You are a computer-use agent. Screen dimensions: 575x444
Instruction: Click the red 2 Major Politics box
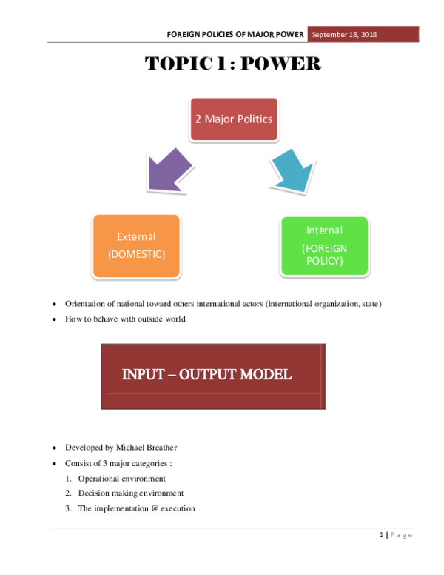[234, 119]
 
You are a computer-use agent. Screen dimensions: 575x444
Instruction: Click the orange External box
[136, 246]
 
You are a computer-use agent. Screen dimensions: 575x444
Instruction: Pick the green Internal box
[324, 246]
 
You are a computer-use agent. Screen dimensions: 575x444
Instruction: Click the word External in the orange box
[136, 237]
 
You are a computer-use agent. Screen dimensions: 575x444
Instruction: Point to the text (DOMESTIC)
[136, 254]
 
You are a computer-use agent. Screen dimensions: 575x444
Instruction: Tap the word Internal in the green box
[324, 230]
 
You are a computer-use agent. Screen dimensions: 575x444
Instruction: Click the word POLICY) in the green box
[324, 261]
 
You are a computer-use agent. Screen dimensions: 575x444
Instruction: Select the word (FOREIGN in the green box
[324, 248]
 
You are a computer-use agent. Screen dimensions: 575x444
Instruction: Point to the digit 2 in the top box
[198, 119]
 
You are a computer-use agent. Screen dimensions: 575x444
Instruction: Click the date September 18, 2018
[344, 35]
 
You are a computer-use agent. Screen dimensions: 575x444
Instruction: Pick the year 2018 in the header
[368, 35]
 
